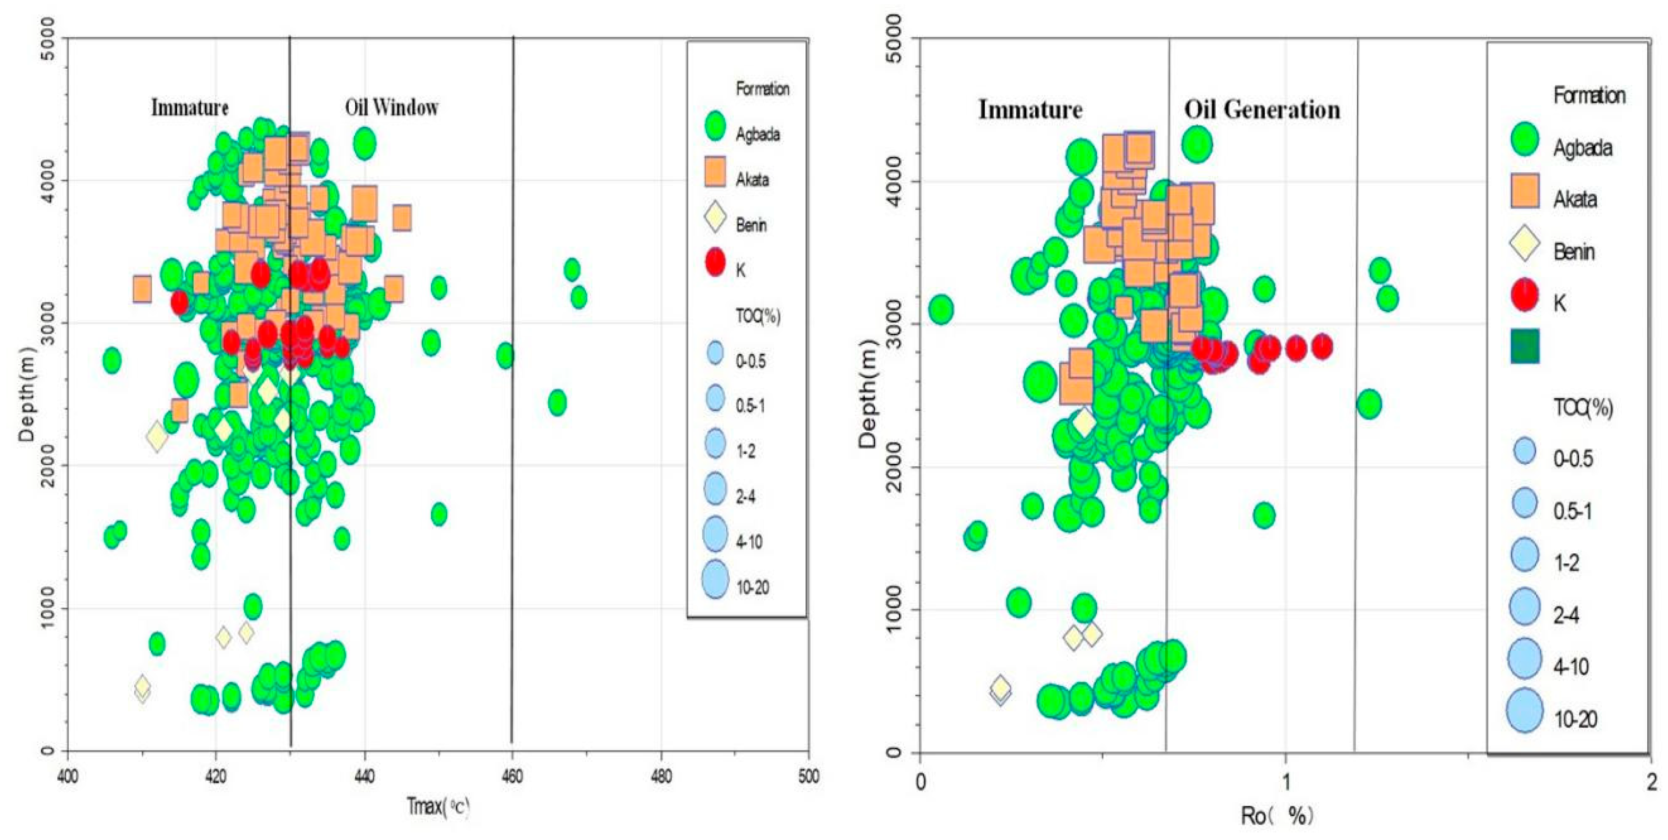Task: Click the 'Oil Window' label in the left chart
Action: [x=391, y=107]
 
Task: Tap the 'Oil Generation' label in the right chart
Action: [x=1262, y=109]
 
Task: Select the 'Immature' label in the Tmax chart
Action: [x=190, y=107]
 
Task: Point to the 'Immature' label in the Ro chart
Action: [x=1030, y=109]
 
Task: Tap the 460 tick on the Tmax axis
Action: [x=512, y=776]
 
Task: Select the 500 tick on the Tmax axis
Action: [x=808, y=776]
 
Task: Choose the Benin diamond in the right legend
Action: [x=1525, y=243]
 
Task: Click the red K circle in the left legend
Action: [x=715, y=262]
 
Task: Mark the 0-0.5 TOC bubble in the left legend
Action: [x=715, y=352]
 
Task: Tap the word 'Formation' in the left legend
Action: [x=762, y=88]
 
